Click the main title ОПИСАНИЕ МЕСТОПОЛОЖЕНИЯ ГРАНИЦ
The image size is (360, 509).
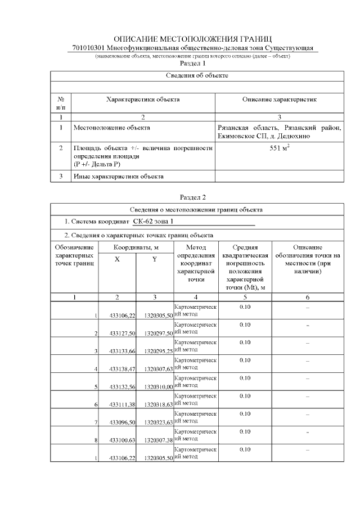pos(192,39)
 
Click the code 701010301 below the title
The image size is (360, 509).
pos(88,48)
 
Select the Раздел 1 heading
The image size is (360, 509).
pos(192,64)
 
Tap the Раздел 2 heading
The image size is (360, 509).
pos(192,197)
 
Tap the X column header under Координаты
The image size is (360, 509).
pos(117,259)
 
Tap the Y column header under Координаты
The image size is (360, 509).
pos(155,259)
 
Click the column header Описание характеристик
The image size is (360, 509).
pos(280,100)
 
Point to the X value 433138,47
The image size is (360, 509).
pos(120,369)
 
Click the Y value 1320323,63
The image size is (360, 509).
pos(158,422)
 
